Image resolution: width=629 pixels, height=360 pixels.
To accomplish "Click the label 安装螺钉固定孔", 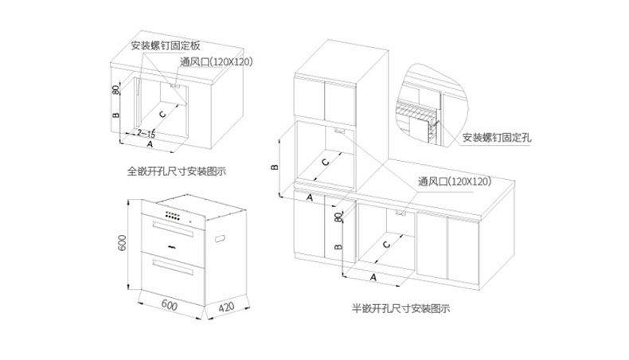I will click(497, 138).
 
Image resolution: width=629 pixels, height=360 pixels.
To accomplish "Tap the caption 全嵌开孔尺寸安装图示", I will click(178, 170).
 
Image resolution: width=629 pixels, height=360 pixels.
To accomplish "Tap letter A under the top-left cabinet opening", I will click(150, 147).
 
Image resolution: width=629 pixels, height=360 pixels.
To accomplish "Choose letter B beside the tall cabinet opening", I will click(272, 168).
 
